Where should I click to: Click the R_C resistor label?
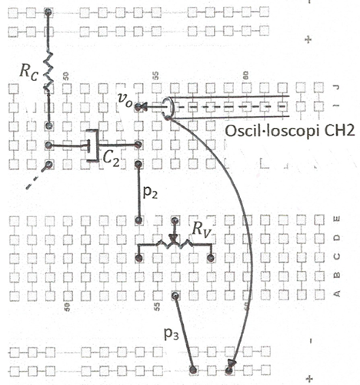(x=28, y=72)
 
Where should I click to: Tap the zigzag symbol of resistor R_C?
(x=48, y=72)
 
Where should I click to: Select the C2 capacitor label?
(x=112, y=160)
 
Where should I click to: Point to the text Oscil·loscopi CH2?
(x=290, y=131)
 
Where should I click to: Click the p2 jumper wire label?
(x=150, y=192)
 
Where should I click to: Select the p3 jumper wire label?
(x=172, y=333)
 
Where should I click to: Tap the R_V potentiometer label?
(x=202, y=229)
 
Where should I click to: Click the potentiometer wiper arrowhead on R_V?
(x=174, y=239)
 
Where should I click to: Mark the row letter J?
(x=337, y=87)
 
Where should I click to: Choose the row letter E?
(x=337, y=219)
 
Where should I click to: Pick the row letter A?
(x=337, y=293)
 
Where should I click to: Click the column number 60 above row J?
(x=245, y=75)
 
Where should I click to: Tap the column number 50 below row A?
(x=67, y=306)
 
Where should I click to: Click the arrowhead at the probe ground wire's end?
(x=232, y=363)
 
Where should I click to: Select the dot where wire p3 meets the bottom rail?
(x=193, y=370)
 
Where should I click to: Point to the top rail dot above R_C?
(x=48, y=12)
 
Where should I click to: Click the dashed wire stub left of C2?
(x=37, y=178)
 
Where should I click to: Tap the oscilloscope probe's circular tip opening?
(x=168, y=108)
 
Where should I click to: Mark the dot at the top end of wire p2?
(x=138, y=164)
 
